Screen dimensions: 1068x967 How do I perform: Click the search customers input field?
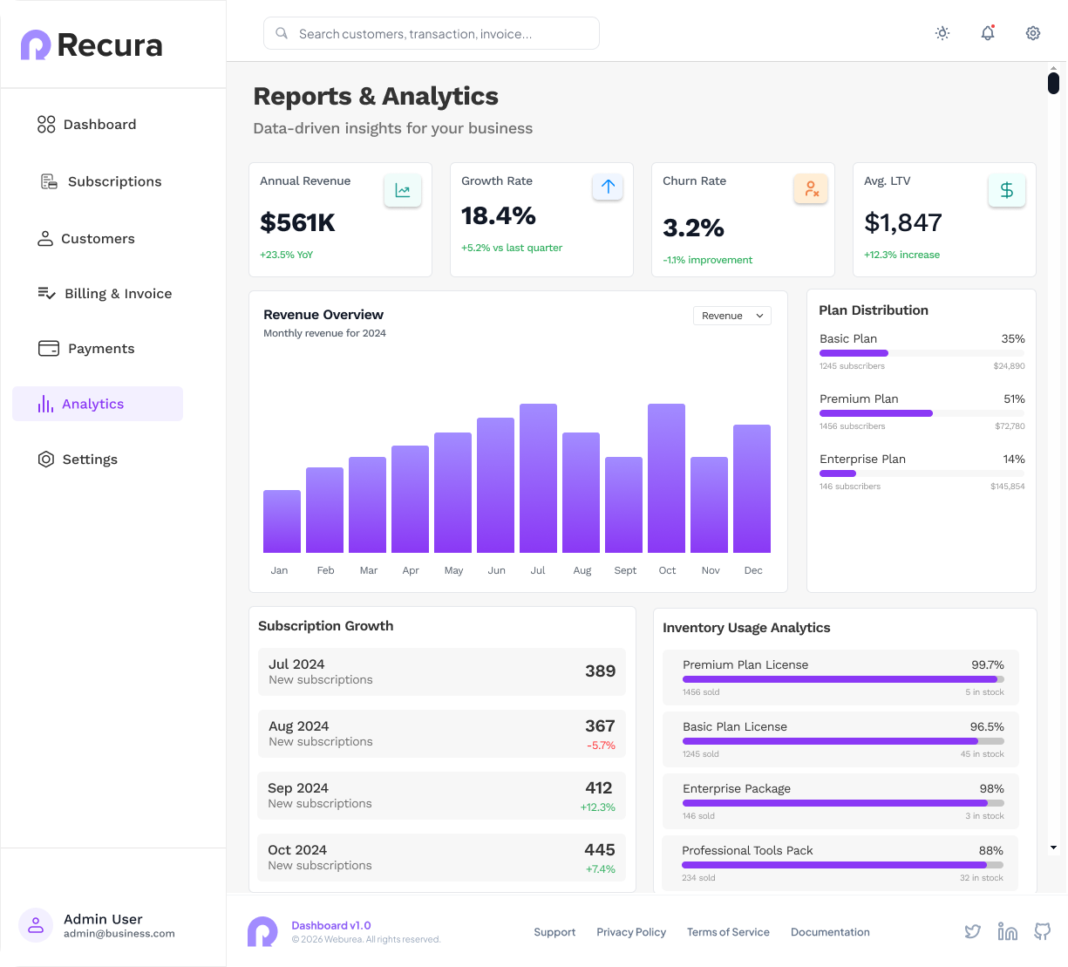click(x=432, y=33)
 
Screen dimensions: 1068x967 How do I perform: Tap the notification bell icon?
click(x=988, y=33)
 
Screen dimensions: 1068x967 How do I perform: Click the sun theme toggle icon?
click(x=942, y=33)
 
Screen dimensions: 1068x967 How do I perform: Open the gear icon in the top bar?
click(x=1033, y=33)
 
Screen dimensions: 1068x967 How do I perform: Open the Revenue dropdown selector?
click(x=732, y=316)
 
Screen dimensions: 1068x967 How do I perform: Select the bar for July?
click(x=539, y=478)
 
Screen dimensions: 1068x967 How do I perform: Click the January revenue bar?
click(x=282, y=521)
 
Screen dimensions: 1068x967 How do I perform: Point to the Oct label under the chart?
click(x=668, y=570)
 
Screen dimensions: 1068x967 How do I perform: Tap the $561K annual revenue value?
click(x=297, y=222)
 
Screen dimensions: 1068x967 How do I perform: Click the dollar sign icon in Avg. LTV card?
click(x=1007, y=190)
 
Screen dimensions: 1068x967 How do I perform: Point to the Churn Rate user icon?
click(x=812, y=188)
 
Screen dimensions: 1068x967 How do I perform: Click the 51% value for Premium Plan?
click(x=1015, y=398)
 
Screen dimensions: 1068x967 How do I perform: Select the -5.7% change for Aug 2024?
click(x=601, y=746)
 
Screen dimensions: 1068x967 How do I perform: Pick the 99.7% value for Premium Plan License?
click(x=988, y=665)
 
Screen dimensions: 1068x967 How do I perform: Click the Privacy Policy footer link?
click(x=631, y=932)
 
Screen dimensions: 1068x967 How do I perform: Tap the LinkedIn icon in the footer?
click(x=1008, y=932)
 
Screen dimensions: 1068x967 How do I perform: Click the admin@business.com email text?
click(x=119, y=934)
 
